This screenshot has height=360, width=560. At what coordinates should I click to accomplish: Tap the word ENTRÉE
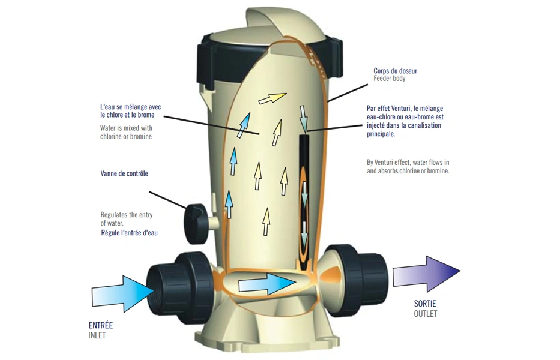click(100, 326)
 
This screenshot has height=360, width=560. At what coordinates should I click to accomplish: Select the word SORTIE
click(426, 304)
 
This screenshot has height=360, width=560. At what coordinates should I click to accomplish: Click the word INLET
click(97, 335)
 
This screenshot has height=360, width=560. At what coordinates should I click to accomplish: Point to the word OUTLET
click(426, 314)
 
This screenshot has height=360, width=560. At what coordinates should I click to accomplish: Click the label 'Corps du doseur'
click(395, 71)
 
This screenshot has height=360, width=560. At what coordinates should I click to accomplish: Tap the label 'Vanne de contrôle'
click(124, 174)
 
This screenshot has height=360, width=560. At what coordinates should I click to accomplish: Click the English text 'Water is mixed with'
click(126, 128)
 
